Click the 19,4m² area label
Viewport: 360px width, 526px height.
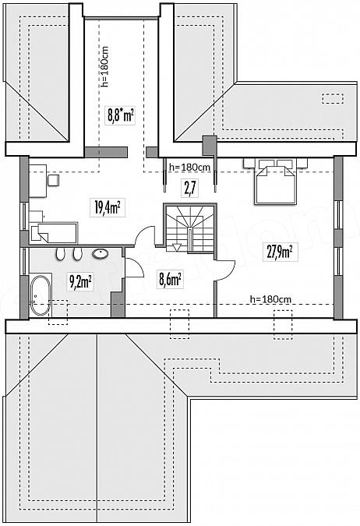point(108,207)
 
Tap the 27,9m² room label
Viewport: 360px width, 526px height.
point(280,252)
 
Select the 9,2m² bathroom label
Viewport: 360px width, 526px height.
point(81,281)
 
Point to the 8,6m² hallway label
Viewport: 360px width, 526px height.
point(170,280)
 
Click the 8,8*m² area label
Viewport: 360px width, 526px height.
point(120,116)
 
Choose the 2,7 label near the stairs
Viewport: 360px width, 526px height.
point(189,188)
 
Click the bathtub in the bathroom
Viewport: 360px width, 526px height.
point(40,295)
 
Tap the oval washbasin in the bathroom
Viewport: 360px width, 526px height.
point(101,254)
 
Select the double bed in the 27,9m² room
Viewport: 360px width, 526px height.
point(276,181)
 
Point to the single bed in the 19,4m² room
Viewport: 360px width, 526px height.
point(54,233)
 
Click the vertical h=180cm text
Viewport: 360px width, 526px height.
point(105,66)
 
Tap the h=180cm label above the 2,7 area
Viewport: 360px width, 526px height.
point(190,167)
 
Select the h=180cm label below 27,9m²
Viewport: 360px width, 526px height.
point(270,299)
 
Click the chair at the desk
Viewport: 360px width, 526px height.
point(53,180)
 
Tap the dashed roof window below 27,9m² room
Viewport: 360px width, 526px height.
point(283,325)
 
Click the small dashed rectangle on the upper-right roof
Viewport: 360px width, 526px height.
point(333,99)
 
